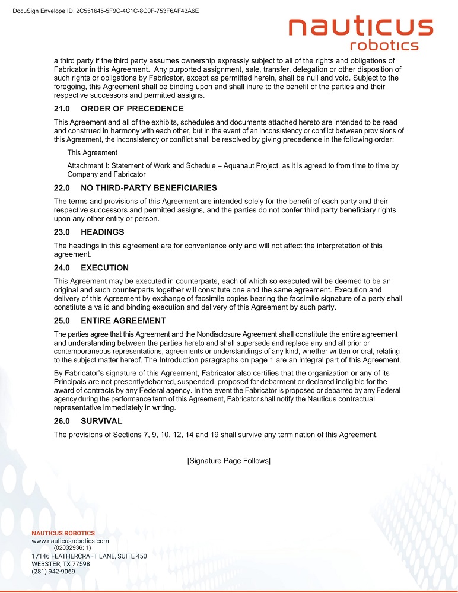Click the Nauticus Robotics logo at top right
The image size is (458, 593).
[361, 34]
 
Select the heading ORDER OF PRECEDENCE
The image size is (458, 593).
[132, 109]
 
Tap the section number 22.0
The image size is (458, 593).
[62, 188]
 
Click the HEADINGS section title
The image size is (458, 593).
[102, 232]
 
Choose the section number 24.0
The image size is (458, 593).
[62, 267]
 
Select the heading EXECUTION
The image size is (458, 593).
[104, 267]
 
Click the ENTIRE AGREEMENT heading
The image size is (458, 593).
[123, 320]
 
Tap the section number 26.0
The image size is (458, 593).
[62, 421]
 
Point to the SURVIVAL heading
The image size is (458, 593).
[101, 421]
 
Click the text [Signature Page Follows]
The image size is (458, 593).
[229, 461]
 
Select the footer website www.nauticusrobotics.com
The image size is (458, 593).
[70, 541]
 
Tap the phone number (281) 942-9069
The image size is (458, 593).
[53, 572]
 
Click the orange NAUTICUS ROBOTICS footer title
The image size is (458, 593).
[63, 533]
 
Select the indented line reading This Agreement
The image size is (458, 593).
[93, 152]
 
